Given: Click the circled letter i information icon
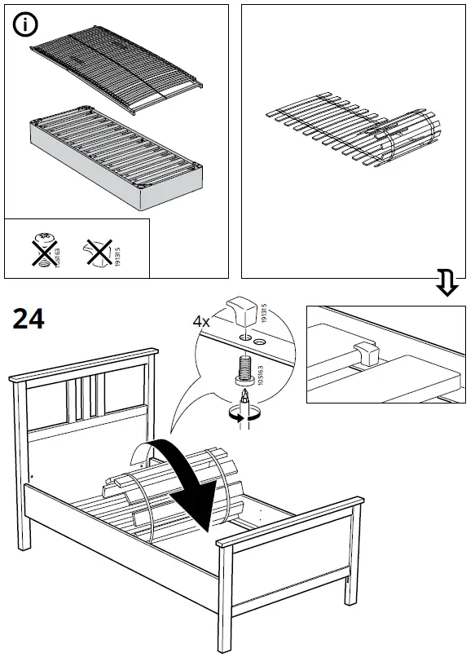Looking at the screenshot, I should [26, 25].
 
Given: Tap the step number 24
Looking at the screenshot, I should [29, 319].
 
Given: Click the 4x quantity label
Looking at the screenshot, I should [201, 321].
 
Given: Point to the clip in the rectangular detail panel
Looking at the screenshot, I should [367, 353].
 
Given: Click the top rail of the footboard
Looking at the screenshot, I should [289, 522].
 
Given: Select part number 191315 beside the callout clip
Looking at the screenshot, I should [262, 312].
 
